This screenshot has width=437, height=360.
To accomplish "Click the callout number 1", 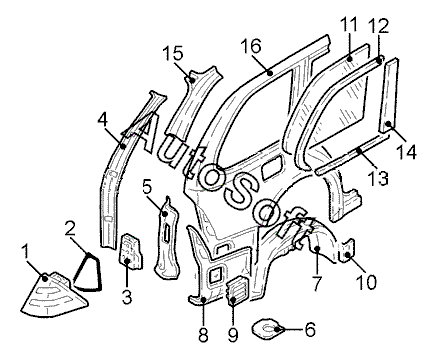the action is (x=26, y=254).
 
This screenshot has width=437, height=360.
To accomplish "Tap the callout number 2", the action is (x=70, y=228).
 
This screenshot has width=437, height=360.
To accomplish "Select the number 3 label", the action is (x=127, y=296).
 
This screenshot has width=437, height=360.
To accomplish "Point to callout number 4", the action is (x=103, y=120).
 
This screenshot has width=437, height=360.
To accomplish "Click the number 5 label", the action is (x=148, y=188).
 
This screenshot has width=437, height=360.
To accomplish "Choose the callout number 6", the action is (x=310, y=330).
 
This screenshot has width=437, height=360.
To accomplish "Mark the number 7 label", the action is (x=317, y=283).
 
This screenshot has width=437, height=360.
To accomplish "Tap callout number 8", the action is (x=203, y=334).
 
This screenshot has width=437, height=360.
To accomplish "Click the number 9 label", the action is (x=232, y=334).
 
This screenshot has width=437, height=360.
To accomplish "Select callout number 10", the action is (x=366, y=282).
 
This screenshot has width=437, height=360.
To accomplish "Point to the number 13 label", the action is (x=378, y=178).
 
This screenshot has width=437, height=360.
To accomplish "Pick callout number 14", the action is (x=406, y=151).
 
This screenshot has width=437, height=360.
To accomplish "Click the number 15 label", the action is (x=173, y=53).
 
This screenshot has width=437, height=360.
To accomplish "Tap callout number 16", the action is (x=251, y=46).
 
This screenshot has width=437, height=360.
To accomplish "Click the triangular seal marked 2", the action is (x=87, y=273).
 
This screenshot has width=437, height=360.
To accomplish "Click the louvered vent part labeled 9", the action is (x=237, y=290).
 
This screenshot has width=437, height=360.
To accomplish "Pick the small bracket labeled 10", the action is (x=347, y=251).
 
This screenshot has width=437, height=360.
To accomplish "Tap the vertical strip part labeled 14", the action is (x=389, y=96).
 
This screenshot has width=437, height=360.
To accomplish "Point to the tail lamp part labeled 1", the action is (x=53, y=293).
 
